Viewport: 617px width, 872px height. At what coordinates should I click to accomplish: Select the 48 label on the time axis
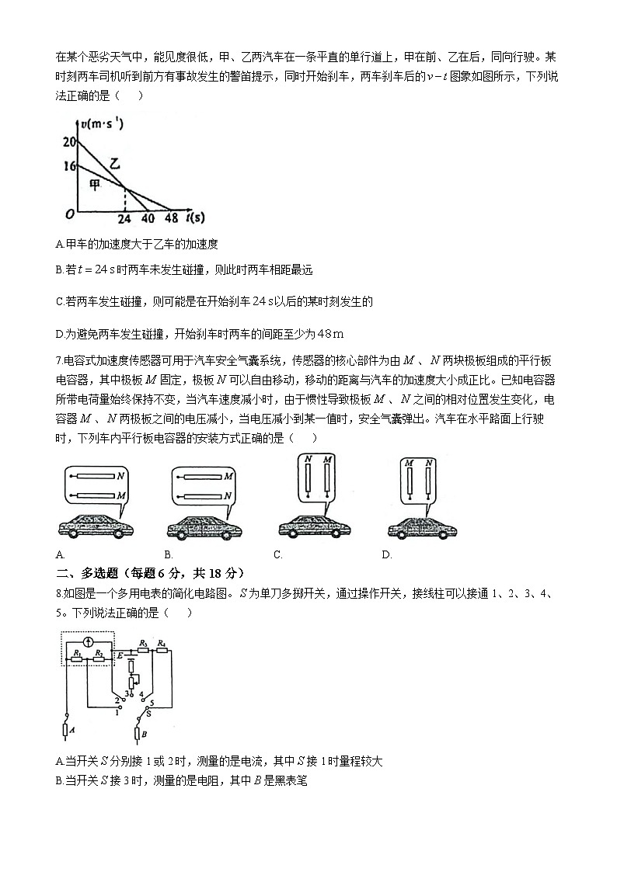171,218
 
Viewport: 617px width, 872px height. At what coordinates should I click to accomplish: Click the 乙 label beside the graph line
115,163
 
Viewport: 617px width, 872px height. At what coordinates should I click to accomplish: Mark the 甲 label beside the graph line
94,185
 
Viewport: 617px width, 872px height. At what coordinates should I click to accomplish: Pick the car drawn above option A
96,526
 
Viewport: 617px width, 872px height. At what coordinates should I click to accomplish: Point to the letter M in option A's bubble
121,495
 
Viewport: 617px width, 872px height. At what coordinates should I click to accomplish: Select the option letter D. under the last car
386,554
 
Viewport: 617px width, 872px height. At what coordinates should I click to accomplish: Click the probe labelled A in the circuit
64,729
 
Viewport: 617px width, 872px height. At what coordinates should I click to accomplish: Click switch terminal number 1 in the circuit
117,710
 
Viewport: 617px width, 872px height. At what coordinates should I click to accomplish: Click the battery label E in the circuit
120,657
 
